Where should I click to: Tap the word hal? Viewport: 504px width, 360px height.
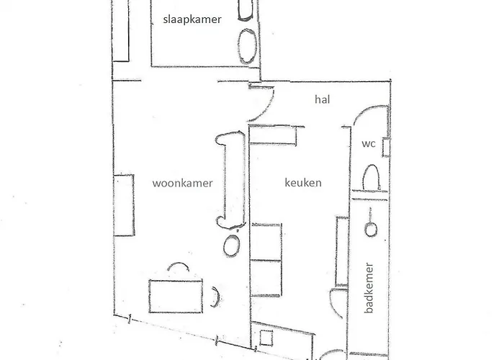pyautogui.click(x=322, y=100)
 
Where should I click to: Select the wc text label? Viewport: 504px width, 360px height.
pyautogui.click(x=369, y=144)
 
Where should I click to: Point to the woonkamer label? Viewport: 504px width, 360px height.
pyautogui.click(x=182, y=183)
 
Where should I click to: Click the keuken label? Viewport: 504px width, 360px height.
pyautogui.click(x=302, y=183)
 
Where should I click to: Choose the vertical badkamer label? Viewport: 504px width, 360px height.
pyautogui.click(x=369, y=286)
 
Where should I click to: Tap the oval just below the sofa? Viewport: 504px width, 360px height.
pyautogui.click(x=231, y=244)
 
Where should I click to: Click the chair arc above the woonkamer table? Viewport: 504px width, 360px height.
pyautogui.click(x=178, y=267)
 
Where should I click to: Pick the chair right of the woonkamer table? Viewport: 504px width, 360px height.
pyautogui.click(x=215, y=295)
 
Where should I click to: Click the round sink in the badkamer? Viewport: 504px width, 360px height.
pyautogui.click(x=371, y=230)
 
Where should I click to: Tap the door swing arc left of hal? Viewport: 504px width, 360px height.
pyautogui.click(x=261, y=104)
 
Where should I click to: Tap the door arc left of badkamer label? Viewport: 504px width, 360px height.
pyautogui.click(x=334, y=302)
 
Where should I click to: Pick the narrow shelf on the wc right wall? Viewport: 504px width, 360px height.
pyautogui.click(x=386, y=147)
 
